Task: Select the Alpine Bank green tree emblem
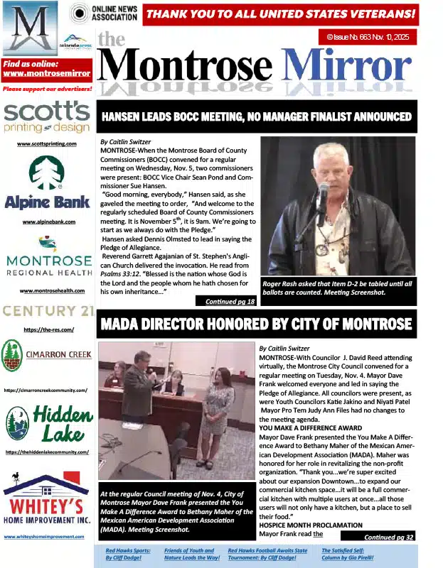point(47,173)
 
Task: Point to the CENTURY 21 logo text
point(48,311)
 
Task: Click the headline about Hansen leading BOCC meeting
point(257,116)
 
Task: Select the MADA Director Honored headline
point(257,324)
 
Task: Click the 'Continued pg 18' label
point(230,301)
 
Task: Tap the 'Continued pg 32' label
point(389,537)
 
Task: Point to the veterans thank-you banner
point(280,13)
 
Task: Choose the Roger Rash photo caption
point(337,288)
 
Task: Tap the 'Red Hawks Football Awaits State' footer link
point(267,553)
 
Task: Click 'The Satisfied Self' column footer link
point(348,553)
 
